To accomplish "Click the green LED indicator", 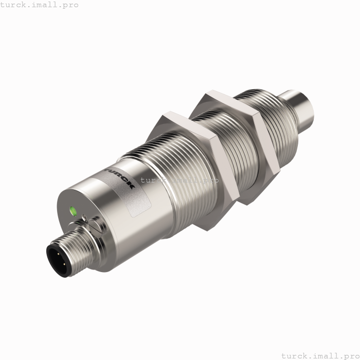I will pyautogui.click(x=73, y=211).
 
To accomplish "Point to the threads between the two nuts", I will pyautogui.click(x=216, y=134).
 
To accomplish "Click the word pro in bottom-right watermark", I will pyautogui.click(x=347, y=355).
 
